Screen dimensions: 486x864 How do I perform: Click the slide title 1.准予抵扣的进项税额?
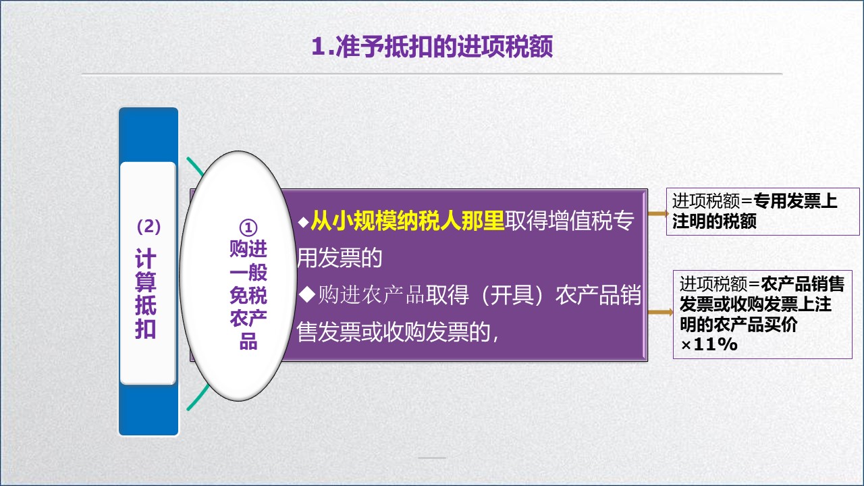pos(432,47)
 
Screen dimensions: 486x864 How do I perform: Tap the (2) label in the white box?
pos(148,227)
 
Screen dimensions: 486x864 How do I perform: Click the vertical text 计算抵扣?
pos(146,294)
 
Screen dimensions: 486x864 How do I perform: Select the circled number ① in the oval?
pos(248,227)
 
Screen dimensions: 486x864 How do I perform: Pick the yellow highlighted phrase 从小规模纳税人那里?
pos(408,222)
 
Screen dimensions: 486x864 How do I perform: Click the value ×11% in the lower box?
pos(708,344)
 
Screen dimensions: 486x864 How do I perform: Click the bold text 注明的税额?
pos(714,221)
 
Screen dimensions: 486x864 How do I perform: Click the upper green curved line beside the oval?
pos(194,168)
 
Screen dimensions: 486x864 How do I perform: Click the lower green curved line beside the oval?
pos(193,398)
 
